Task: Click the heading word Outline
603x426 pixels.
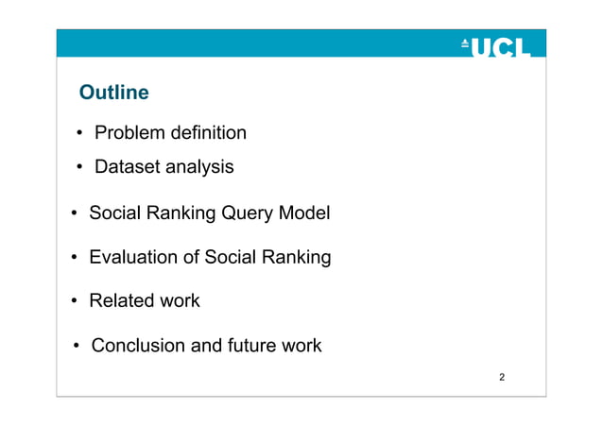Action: pos(113,93)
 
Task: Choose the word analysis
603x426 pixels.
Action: pos(198,167)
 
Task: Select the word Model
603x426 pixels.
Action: pos(304,213)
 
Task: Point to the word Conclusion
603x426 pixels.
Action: pos(138,346)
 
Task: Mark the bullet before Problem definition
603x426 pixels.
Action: pos(80,133)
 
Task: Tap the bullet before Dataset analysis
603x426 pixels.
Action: pos(80,168)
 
